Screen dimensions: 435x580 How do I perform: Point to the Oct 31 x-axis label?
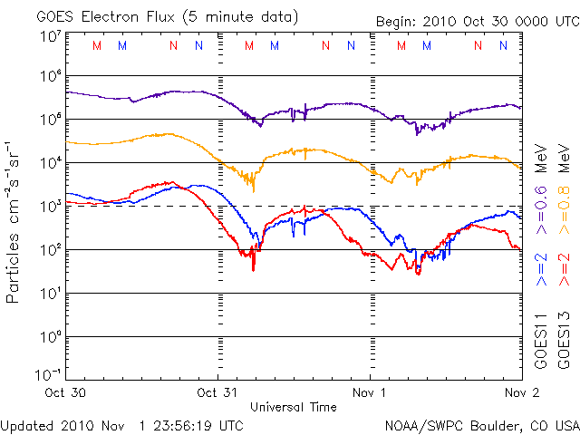point(218,394)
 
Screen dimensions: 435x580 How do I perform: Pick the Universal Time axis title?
point(293,407)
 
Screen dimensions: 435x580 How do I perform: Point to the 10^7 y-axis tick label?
point(50,35)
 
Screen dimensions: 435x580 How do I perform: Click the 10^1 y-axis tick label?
point(50,293)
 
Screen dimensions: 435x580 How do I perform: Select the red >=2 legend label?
point(563,269)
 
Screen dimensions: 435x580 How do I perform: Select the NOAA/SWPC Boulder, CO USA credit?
point(481,425)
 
